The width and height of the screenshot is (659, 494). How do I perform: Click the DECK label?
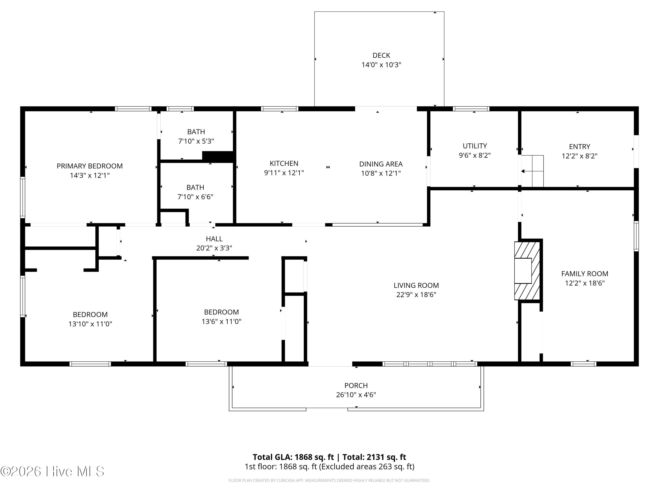[381, 55]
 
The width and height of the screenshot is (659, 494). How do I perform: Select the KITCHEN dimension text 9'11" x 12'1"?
[284, 173]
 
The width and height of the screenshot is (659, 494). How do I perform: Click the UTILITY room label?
[474, 146]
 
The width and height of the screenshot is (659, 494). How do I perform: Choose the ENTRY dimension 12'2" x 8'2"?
[579, 156]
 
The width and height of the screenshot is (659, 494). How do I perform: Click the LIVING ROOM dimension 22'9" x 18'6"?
[416, 294]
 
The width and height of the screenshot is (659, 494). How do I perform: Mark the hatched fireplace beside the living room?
[527, 271]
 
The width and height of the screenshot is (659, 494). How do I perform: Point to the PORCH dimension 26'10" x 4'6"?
[356, 395]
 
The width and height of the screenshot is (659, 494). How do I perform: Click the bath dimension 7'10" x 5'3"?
[196, 141]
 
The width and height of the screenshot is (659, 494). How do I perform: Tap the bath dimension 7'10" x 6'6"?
[196, 197]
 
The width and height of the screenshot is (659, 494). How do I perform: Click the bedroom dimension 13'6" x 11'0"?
[221, 321]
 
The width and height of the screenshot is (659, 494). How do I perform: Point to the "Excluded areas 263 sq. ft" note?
[367, 466]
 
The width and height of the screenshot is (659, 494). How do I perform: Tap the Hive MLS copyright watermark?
[53, 471]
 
